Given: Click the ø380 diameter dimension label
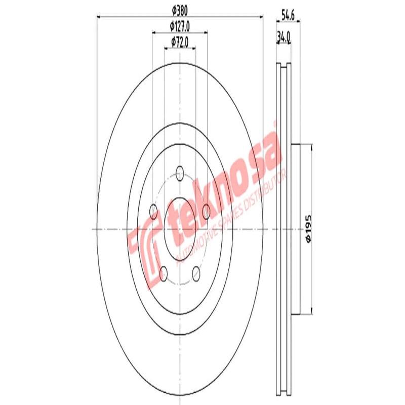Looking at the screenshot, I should coord(180,10).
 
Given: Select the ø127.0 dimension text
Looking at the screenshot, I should coord(180,26).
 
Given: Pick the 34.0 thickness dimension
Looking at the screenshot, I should coord(283,36).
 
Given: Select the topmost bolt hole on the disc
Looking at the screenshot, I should coord(180,172).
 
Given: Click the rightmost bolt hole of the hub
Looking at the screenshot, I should coord(206,209).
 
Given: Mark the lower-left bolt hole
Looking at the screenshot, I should coord(164,274).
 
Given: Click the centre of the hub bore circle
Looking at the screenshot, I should coord(180,229).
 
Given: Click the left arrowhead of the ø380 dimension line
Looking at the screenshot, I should coord(99,17).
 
